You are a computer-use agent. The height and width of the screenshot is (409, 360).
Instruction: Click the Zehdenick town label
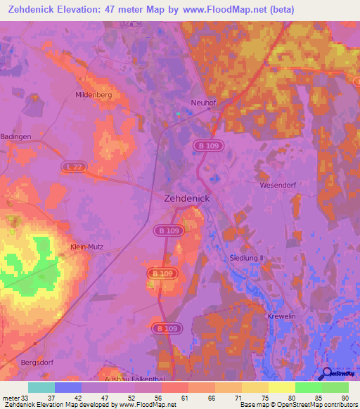pos(186,199)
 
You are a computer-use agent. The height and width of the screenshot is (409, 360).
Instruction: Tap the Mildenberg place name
pos(95,93)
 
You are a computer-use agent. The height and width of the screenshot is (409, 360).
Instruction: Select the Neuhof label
pos(203,102)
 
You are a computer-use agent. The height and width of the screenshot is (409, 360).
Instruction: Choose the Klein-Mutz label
pos(87,247)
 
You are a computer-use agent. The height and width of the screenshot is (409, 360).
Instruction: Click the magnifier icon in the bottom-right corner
pos(326,375)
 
